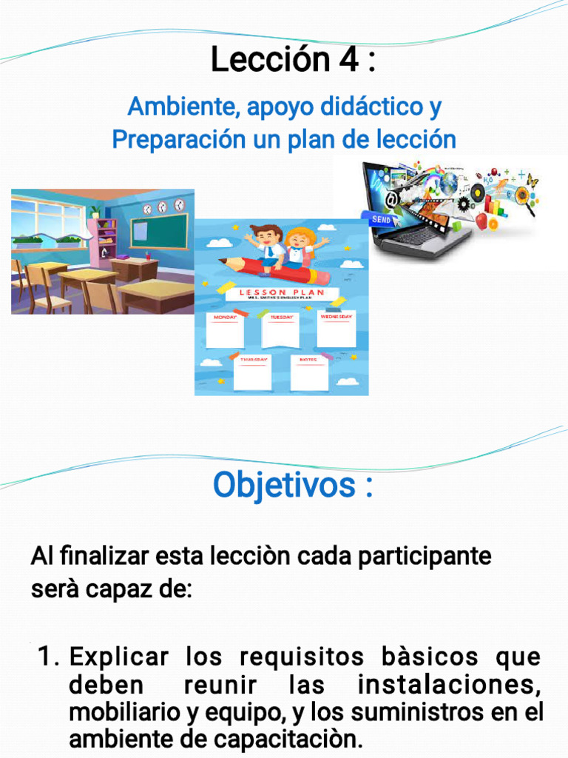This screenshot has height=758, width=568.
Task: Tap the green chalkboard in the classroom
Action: point(159,231)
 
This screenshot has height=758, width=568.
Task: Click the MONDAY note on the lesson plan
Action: point(225,330)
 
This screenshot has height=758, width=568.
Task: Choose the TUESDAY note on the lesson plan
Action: point(280,330)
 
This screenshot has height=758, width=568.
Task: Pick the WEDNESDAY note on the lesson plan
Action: point(337,329)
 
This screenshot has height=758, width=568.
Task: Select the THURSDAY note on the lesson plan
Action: point(252,373)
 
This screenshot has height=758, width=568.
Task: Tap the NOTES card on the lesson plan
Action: point(309,373)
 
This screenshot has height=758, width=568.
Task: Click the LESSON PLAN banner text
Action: point(282,293)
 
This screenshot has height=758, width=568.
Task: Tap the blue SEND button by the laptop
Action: point(382,220)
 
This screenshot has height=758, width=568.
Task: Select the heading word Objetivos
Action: point(283,486)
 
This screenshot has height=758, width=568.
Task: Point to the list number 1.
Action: point(47,657)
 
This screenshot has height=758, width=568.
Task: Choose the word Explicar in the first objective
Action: point(118,657)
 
